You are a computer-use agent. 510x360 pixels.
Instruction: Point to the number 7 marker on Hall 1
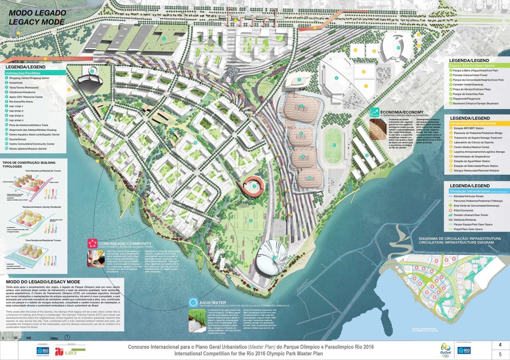click(301, 107)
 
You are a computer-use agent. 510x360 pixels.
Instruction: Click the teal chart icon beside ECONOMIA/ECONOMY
click(373, 113)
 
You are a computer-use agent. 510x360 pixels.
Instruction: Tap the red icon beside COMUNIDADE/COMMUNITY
click(92, 243)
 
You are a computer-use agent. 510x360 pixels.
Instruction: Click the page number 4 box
click(493, 344)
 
